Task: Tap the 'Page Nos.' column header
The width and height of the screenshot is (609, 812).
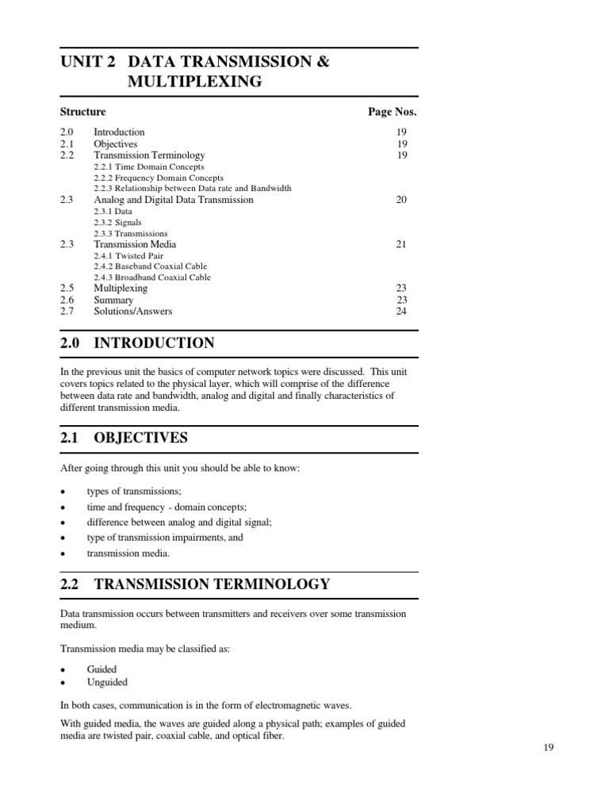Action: (x=392, y=112)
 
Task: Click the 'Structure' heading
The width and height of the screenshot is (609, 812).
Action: (x=82, y=112)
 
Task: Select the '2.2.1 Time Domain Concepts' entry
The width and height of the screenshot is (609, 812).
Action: (x=148, y=167)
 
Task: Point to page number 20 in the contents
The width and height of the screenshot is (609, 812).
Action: (x=401, y=200)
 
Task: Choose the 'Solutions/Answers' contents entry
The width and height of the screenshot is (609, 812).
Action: (x=132, y=311)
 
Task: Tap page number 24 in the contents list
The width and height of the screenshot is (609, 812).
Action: (x=401, y=311)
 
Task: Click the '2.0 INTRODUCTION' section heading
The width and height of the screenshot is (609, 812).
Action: (x=137, y=343)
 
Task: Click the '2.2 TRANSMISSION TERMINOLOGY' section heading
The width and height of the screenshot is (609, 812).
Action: (x=195, y=584)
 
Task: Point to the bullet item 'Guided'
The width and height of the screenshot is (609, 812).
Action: (x=101, y=669)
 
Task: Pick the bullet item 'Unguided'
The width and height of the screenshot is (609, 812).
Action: (x=107, y=682)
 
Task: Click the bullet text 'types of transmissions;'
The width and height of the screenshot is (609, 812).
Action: (x=134, y=492)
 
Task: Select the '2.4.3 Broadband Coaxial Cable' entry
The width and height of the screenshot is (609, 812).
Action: (x=152, y=278)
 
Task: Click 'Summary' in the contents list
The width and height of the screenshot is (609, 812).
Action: (x=113, y=301)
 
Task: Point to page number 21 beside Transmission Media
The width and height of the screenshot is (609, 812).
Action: (x=401, y=244)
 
